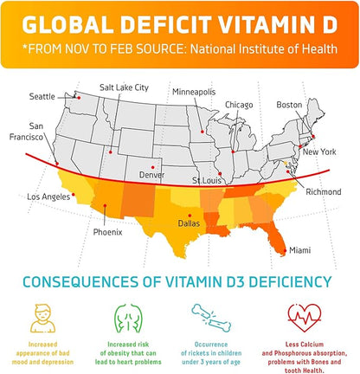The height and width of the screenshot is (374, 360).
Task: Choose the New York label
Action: (318, 152)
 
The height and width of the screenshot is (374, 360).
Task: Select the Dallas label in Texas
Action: (189, 222)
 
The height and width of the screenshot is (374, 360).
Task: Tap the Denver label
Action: (152, 175)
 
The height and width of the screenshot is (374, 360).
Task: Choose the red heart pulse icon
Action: (302, 313)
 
